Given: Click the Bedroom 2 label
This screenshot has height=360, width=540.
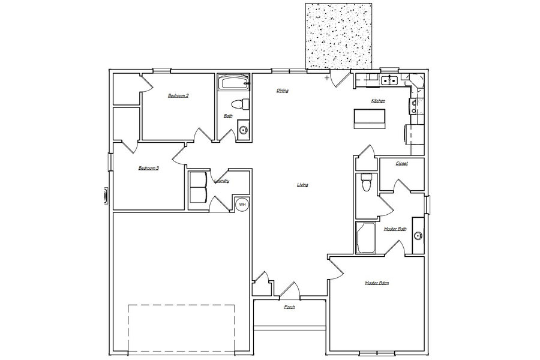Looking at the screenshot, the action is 178,95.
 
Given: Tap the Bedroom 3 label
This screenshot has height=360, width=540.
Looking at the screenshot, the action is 148,168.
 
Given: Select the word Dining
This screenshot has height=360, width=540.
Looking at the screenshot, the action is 283,91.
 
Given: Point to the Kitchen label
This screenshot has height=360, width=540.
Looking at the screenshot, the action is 378,101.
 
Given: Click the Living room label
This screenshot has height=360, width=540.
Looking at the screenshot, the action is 302,185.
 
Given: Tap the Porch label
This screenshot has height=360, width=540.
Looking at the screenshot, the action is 289,307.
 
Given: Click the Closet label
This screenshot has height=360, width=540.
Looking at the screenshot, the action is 401,163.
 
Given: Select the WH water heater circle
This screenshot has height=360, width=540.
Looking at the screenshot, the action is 242,205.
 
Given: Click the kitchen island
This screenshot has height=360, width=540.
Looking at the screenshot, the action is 370,119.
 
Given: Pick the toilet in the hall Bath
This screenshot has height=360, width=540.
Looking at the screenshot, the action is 239,104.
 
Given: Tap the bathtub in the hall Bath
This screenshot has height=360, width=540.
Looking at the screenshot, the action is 233,82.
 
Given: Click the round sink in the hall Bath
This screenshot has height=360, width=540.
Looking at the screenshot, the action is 244,130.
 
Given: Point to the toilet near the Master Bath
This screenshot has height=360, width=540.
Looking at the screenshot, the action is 365,182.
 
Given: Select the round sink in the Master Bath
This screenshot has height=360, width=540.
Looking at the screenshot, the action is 418,236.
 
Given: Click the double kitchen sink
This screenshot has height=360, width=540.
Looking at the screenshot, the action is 389,80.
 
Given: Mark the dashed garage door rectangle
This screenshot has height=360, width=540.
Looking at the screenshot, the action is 181,329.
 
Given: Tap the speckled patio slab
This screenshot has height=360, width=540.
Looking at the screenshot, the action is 339,36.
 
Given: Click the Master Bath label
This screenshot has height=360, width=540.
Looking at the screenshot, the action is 395,229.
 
